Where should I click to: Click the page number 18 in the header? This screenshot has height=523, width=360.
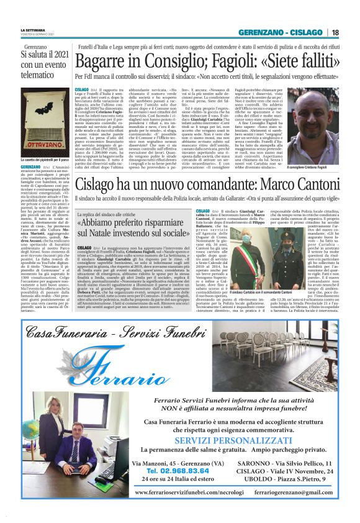tap(336, 32)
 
